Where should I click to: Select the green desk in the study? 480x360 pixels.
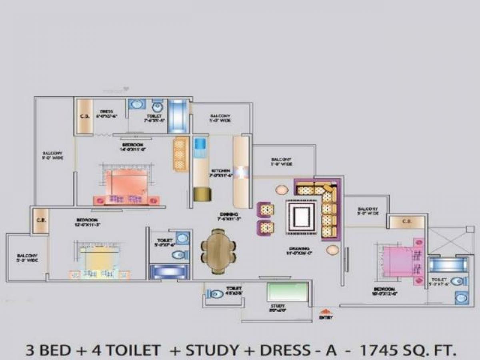[x=288, y=292]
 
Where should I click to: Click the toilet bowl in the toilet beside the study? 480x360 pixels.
[x=216, y=294]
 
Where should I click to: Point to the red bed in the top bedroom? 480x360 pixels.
[x=125, y=184]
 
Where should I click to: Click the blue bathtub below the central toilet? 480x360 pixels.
[x=168, y=272]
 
